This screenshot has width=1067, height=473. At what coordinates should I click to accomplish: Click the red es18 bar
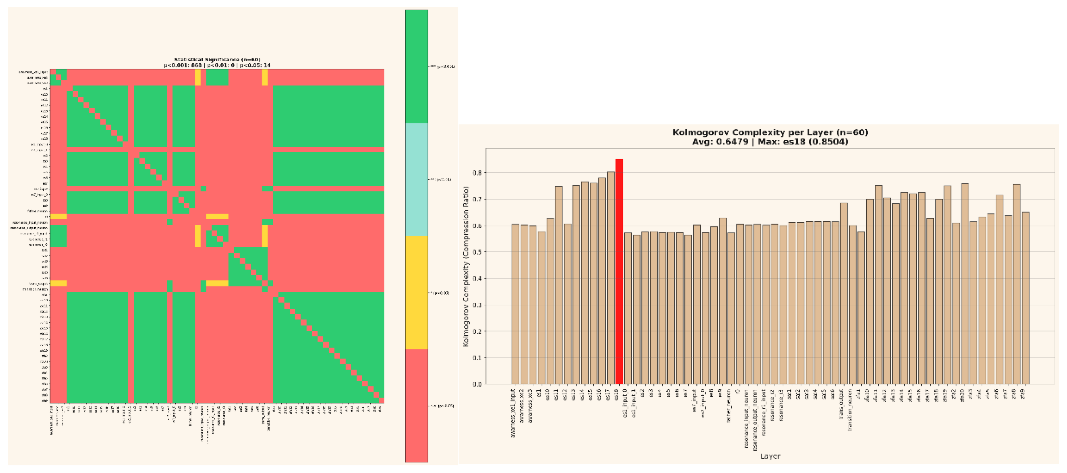(x=619, y=271)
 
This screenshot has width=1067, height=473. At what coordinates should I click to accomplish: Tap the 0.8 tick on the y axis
(x=477, y=173)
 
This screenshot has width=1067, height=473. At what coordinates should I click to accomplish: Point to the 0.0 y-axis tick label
(x=477, y=384)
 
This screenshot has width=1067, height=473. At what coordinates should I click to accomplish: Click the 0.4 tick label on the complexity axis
(x=477, y=278)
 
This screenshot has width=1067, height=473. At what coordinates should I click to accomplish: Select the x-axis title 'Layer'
(x=770, y=456)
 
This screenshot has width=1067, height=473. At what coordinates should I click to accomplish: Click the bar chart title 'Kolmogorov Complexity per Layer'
(x=770, y=132)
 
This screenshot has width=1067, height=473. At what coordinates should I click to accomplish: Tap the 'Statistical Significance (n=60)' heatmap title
(x=217, y=60)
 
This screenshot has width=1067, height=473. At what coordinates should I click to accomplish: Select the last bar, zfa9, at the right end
(x=1025, y=298)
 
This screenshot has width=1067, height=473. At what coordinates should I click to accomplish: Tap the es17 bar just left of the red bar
(x=610, y=278)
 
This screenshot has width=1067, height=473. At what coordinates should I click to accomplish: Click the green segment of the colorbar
(x=416, y=66)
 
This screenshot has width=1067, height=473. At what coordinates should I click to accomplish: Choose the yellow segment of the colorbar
(x=416, y=292)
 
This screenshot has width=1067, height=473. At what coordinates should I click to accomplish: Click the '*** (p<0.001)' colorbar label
(x=443, y=66)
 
